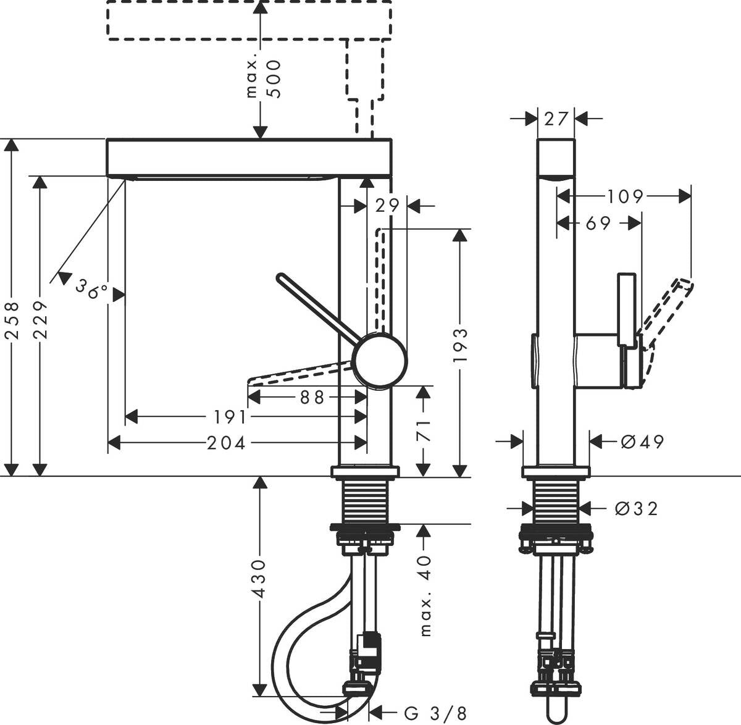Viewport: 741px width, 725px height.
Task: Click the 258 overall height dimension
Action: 12,319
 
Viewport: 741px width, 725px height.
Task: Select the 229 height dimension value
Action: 41,319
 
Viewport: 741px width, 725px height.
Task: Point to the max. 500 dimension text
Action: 262,79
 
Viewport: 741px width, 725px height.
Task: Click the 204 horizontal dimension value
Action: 226,442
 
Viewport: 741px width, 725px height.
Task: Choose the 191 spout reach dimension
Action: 230,417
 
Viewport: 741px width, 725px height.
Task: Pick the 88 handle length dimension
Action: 312,397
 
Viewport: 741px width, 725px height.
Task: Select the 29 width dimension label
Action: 388,205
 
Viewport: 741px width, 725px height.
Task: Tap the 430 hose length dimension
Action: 260,578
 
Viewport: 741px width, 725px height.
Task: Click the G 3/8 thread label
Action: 435,714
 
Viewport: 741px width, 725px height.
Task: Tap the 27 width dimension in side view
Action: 556,118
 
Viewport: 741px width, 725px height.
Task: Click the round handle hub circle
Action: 380,360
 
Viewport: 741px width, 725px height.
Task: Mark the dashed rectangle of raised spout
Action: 249,20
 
